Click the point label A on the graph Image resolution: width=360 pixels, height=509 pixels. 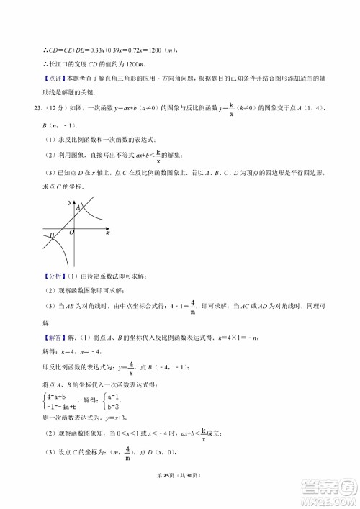pyautogui.click(x=78, y=207)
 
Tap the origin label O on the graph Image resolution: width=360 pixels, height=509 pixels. pyautogui.click(x=71, y=233)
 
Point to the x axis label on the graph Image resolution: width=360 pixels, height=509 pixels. pyautogui.click(x=107, y=233)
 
